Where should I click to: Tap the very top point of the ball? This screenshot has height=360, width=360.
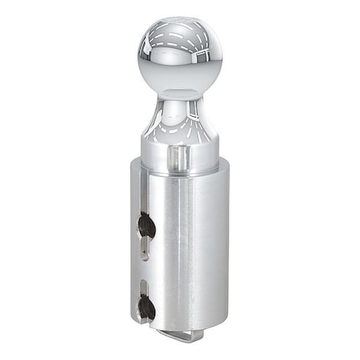click(x=179, y=16)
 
